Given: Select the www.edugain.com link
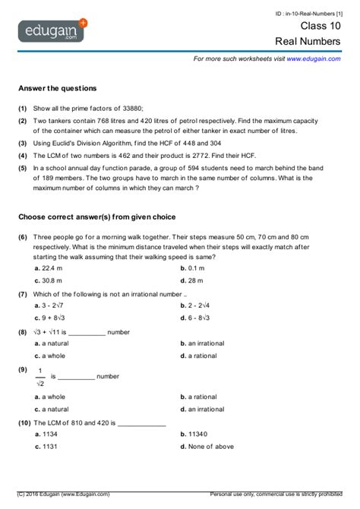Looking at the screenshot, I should pyautogui.click(x=314, y=58).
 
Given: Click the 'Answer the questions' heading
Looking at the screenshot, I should pyautogui.click(x=57, y=88).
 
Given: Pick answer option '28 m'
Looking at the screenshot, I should pyautogui.click(x=199, y=280).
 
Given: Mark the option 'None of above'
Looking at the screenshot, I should pyautogui.click(x=212, y=447).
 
